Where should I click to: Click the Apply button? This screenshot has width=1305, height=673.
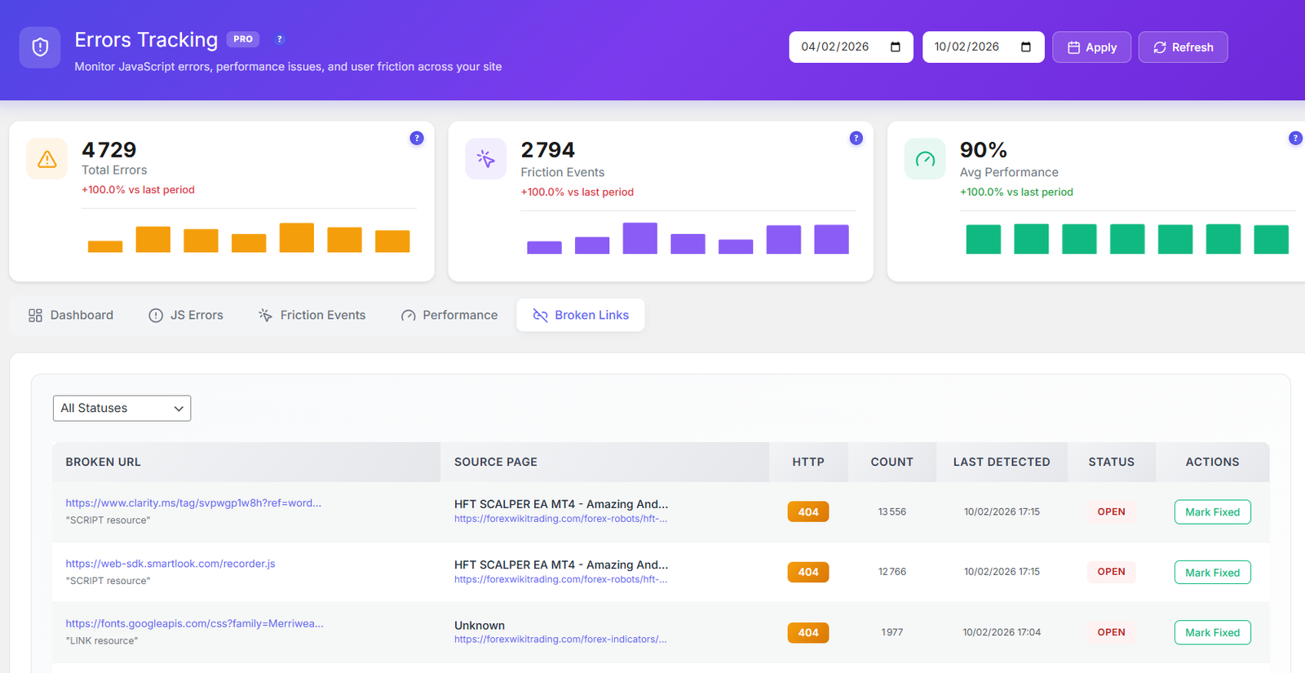point(1091,47)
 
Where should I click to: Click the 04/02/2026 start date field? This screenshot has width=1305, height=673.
point(840,47)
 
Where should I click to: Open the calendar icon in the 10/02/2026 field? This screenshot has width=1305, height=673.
point(1026,47)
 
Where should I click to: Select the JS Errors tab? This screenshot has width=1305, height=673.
point(186,315)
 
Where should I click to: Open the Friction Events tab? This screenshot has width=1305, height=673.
point(312,315)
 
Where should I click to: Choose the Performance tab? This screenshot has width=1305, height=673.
point(449,315)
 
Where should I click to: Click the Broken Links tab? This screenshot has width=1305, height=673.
point(581,315)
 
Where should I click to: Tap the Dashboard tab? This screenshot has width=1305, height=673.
point(71,315)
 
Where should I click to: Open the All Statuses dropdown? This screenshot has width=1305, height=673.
point(122,408)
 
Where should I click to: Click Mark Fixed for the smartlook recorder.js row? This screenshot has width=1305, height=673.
point(1212,573)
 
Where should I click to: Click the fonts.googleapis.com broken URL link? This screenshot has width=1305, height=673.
point(194,623)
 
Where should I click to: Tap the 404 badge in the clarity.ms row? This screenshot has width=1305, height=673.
point(807,511)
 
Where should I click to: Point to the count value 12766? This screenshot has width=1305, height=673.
point(891,572)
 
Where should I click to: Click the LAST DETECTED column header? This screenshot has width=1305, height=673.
point(1001,462)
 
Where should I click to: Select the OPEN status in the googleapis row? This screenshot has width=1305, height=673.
point(1111,632)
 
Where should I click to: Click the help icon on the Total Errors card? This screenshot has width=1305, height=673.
point(417,138)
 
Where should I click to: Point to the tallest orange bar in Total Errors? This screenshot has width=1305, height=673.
point(296,237)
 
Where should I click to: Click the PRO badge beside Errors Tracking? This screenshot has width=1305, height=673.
point(243,39)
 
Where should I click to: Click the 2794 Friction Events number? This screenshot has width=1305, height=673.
point(547,150)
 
